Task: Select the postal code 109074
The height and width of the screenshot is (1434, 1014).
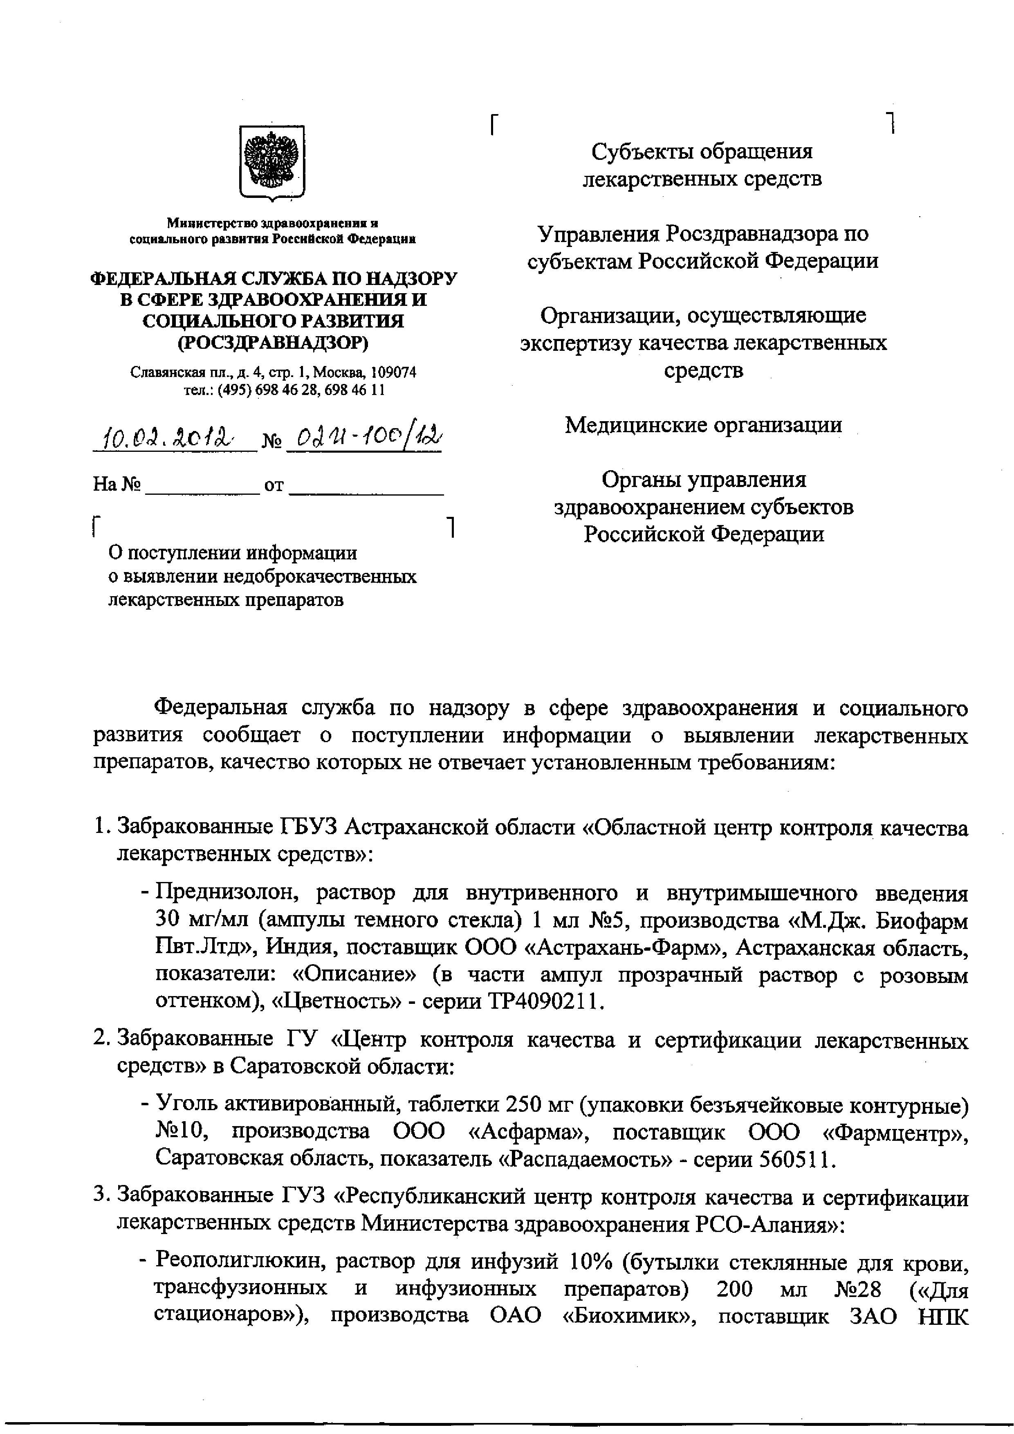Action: click(x=393, y=373)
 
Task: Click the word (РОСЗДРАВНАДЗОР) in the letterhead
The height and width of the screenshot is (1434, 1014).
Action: click(x=274, y=342)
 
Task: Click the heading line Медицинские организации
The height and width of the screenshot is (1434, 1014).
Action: click(x=704, y=425)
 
